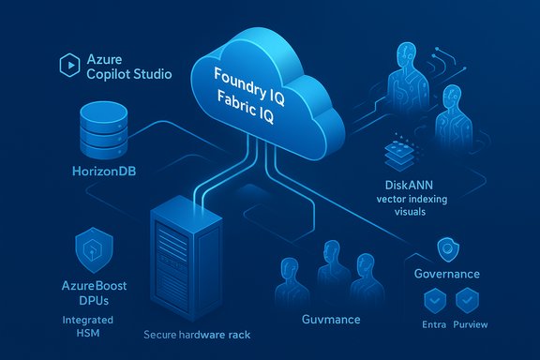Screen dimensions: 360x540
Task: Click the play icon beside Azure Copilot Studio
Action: pyautogui.click(x=67, y=65)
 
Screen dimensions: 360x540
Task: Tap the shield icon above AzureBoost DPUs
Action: pyautogui.click(x=94, y=249)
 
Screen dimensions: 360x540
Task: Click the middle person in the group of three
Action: pyautogui.click(x=329, y=268)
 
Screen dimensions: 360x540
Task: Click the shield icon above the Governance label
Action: pyautogui.click(x=447, y=248)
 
